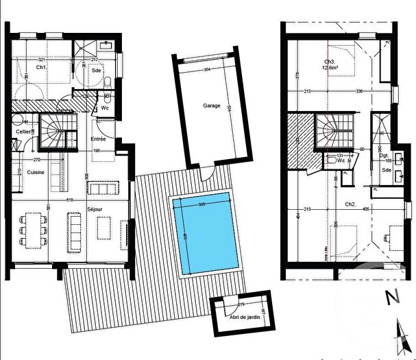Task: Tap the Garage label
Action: tap(211, 106)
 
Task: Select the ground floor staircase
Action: tap(52, 132)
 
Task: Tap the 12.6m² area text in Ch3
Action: tap(333, 67)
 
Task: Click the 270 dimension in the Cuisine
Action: tap(36, 160)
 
